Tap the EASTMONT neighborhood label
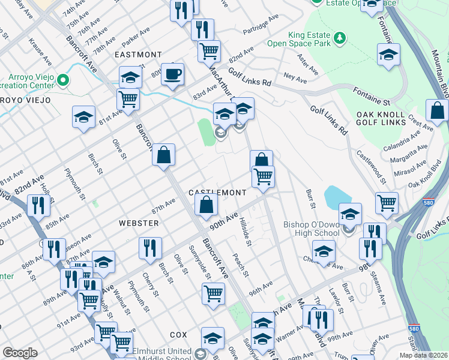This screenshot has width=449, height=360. [138, 54]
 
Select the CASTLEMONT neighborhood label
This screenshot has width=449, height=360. [217, 193]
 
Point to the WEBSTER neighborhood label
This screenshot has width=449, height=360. [139, 223]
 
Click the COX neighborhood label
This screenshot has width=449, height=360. [178, 334]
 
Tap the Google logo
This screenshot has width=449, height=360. [20, 353]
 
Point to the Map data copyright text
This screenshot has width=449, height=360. [423, 355]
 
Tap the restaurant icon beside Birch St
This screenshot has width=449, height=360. [149, 247]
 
